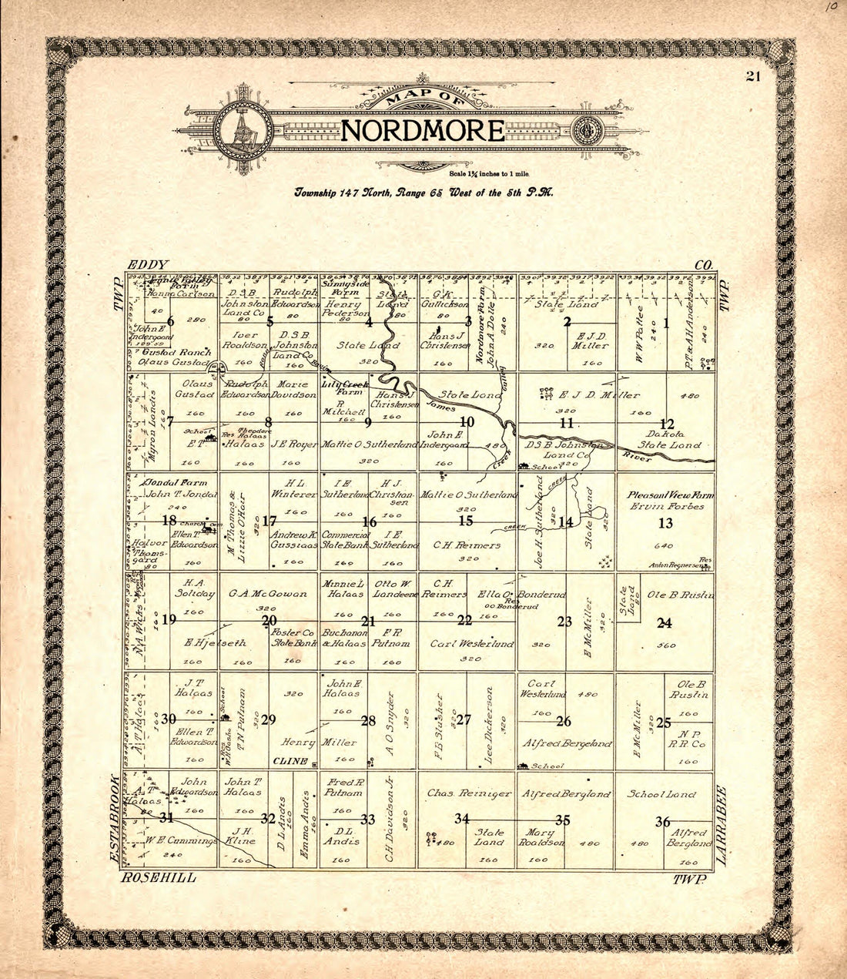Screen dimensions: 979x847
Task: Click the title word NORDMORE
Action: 422,130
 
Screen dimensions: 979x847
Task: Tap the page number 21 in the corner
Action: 753,75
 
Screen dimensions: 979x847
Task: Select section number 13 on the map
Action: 665,524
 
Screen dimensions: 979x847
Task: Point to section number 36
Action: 662,822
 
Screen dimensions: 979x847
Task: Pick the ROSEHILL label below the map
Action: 158,877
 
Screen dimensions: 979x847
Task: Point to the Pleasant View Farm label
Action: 670,495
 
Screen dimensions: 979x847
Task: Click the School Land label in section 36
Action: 661,794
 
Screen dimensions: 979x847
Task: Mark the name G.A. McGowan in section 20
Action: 268,594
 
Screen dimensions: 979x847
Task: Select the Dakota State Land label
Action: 669,439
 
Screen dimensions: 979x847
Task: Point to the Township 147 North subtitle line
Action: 423,193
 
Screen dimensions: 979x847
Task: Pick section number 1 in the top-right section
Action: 666,323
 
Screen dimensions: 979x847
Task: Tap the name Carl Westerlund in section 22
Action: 471,644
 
